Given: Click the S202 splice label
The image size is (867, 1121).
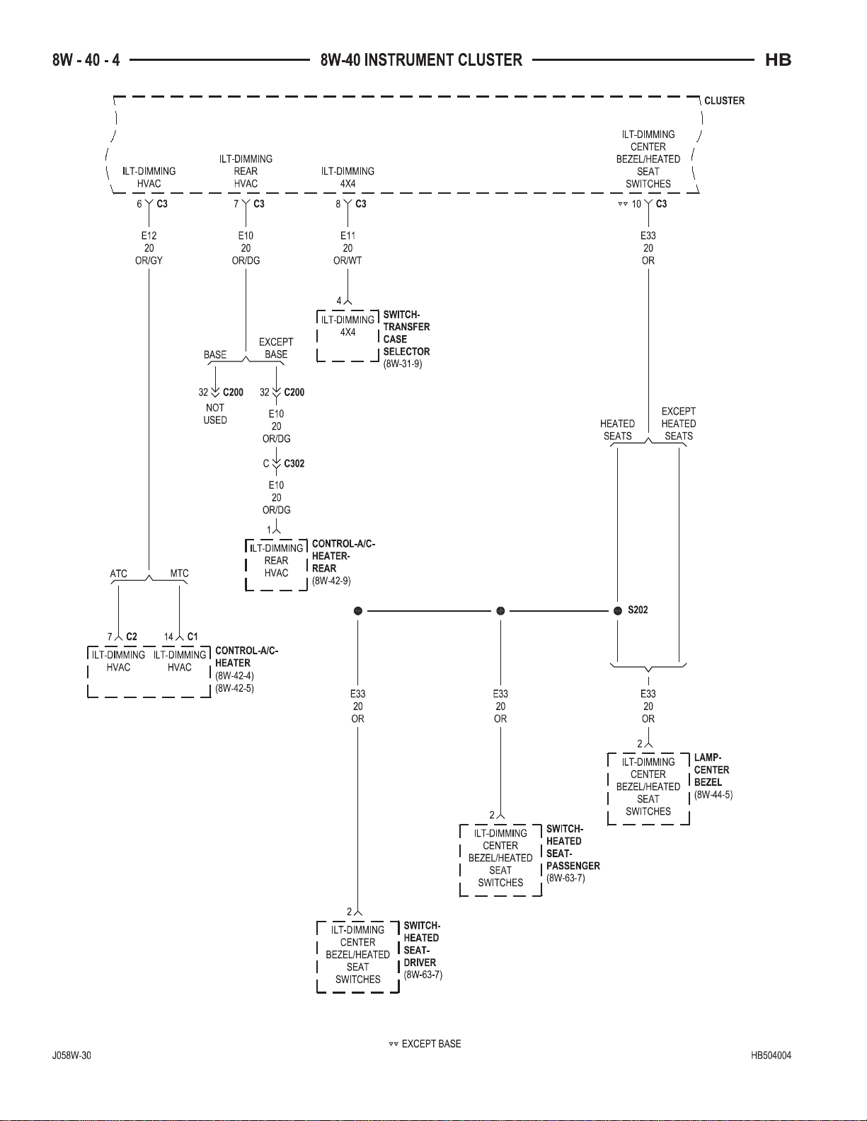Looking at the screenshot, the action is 638,610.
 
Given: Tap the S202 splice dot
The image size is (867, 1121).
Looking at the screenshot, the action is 618,611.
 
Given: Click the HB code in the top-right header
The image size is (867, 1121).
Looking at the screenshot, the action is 778,60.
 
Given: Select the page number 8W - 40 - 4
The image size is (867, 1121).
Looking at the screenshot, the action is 86,60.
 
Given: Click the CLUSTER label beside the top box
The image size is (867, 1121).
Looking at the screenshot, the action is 724,100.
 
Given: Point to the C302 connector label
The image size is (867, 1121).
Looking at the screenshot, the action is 294,463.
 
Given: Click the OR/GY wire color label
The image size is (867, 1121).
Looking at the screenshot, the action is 149,260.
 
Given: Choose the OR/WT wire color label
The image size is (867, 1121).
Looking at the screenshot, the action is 348,260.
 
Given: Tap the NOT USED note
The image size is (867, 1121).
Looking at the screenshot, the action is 214,414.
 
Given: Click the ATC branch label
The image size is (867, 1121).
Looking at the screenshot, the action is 118,574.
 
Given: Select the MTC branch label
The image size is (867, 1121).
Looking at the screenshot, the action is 179,573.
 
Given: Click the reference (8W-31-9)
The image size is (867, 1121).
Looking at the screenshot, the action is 403,364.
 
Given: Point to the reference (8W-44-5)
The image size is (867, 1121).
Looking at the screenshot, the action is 713,794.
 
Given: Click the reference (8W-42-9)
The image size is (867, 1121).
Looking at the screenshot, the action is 331,581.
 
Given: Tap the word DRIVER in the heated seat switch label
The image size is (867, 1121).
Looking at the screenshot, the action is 420,963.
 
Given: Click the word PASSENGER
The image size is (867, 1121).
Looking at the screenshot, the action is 573,866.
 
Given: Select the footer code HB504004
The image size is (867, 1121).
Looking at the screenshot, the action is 771,1055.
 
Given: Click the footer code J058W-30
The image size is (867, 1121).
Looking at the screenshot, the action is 71,1055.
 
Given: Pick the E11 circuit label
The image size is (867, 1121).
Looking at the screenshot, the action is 348,236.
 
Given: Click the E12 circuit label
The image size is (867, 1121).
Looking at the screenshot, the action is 149,236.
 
